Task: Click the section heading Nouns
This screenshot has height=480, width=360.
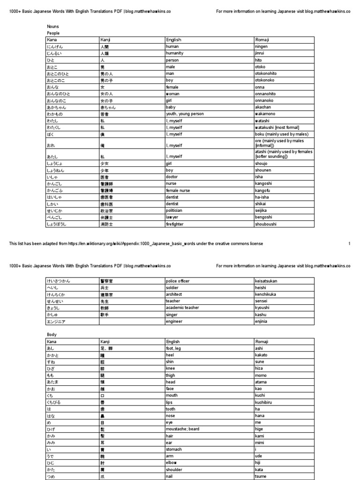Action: tap(52, 27)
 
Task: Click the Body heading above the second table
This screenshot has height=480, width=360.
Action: tap(52, 335)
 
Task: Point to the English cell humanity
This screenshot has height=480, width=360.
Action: tap(175, 54)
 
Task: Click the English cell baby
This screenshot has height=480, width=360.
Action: tap(172, 107)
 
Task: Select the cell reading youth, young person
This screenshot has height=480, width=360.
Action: tap(185, 114)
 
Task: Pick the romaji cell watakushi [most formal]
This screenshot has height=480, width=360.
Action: tap(277, 127)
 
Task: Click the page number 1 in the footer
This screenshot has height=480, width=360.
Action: tap(349, 244)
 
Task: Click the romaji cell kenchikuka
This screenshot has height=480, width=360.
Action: tap(267, 294)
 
